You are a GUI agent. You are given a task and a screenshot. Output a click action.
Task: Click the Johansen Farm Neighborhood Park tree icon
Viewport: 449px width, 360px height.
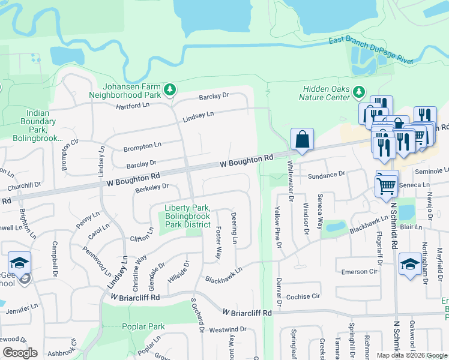pyautogui.click(x=170, y=90)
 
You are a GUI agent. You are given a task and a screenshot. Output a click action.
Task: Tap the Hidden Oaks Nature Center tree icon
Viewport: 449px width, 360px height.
pyautogui.click(x=359, y=92)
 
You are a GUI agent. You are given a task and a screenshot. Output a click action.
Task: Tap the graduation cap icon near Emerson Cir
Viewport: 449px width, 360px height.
pyautogui.click(x=410, y=264)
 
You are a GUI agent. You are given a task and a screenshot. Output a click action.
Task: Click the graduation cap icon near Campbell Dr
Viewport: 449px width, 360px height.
pyautogui.click(x=19, y=263)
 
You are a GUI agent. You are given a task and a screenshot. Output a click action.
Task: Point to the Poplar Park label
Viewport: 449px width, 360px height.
pyautogui.click(x=143, y=327)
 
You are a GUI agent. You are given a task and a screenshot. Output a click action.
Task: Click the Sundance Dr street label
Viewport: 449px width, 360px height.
pyautogui.click(x=327, y=175)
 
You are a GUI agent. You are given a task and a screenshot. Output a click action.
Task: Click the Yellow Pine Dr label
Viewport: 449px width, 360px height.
pyautogui.click(x=277, y=223)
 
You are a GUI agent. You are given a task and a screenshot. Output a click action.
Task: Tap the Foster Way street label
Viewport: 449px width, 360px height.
pyautogui.click(x=219, y=242)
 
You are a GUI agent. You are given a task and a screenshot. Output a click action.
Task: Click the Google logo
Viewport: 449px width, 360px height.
pyautogui.click(x=20, y=353)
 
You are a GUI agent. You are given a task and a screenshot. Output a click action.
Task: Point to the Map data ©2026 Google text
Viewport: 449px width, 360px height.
pyautogui.click(x=411, y=355)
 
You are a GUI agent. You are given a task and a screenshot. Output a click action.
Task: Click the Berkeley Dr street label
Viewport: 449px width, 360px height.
pyautogui.click(x=151, y=187)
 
